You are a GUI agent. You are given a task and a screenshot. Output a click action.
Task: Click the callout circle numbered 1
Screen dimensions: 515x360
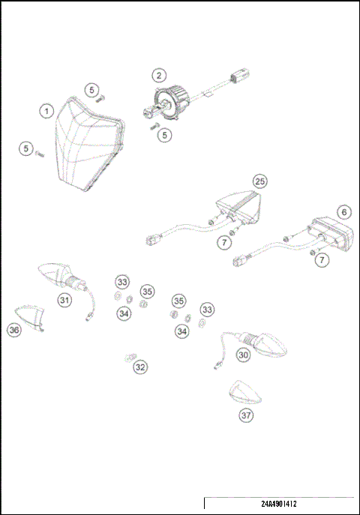click(46, 111)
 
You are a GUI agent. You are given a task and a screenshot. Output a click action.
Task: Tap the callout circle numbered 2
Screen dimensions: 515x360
click(158, 75)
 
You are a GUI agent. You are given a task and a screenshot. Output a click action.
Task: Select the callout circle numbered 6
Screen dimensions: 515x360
click(343, 212)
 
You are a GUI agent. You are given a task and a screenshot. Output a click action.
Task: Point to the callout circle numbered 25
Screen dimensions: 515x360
click(259, 181)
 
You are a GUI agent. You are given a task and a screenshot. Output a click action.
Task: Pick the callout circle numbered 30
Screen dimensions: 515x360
click(243, 355)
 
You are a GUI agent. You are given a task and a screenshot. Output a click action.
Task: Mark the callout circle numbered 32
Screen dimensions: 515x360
click(140, 367)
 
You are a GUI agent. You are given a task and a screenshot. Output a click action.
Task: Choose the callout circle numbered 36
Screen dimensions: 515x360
click(13, 329)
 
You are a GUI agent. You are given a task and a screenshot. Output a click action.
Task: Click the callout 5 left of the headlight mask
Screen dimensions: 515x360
click(26, 150)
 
